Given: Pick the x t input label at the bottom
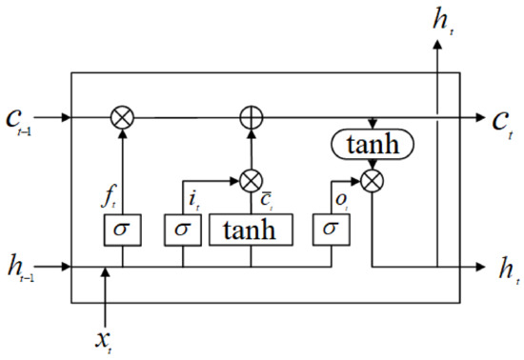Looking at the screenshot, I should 111,336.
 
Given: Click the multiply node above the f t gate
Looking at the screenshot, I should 123,118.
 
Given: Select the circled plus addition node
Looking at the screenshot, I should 251,118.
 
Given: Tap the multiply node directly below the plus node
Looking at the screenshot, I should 251,179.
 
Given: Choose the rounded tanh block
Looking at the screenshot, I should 372,146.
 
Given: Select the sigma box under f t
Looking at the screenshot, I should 122,230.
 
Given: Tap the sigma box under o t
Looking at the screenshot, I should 330,230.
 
